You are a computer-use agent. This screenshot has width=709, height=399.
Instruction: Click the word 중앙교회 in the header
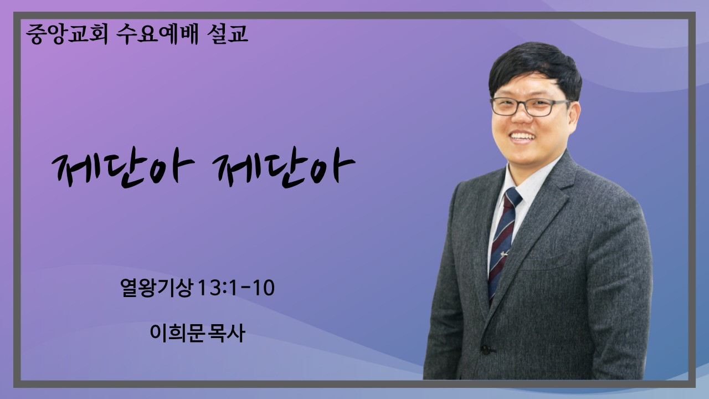[x=68, y=34]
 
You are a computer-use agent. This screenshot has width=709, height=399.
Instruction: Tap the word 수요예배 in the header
[x=157, y=34]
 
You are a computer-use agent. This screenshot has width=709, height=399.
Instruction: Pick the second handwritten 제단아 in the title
[x=283, y=167]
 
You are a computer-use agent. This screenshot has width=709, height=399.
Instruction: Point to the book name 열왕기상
[x=156, y=288]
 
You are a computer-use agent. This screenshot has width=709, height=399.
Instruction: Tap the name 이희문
[x=177, y=333]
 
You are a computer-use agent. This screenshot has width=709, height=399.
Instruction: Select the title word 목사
[x=227, y=333]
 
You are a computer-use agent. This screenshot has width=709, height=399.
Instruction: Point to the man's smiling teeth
[x=522, y=137]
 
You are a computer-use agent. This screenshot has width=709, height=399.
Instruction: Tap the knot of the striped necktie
[x=512, y=198]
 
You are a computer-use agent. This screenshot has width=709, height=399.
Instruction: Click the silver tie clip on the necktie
[x=504, y=253]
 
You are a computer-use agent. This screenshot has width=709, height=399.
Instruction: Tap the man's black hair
[x=536, y=68]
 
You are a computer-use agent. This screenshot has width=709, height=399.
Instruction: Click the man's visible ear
[x=574, y=116]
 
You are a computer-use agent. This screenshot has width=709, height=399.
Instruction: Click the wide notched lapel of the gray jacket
[x=538, y=216]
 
